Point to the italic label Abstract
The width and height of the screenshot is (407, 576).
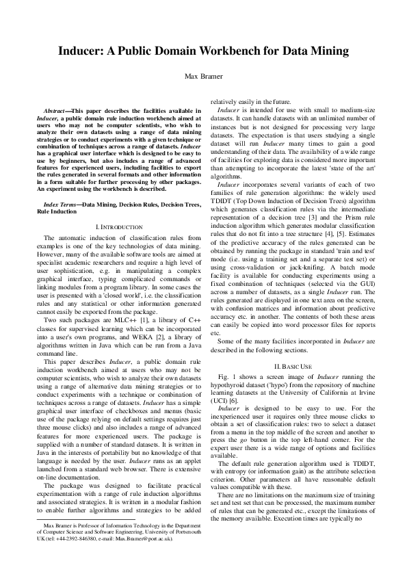point(55,109)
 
